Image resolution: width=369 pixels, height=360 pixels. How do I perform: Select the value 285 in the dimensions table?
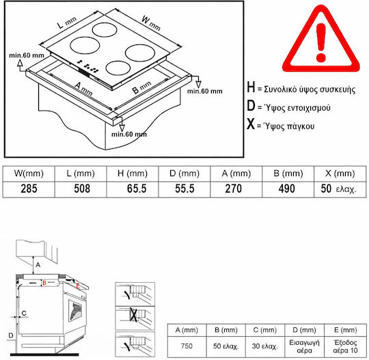pos(29,189)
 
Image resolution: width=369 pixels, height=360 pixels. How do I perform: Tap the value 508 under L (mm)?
pos(82,189)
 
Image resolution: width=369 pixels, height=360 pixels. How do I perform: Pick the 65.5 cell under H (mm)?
pos(137,189)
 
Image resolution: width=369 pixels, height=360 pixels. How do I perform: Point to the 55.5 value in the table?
pos(184,189)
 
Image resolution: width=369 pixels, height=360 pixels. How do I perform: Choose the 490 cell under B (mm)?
pos(286,189)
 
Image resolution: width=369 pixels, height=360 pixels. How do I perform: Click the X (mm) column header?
pos(340,174)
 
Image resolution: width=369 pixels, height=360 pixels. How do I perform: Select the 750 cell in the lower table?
pos(187,346)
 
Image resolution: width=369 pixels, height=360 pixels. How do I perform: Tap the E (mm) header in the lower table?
pos(345,330)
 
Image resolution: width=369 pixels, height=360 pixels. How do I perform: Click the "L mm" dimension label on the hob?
pos(67,23)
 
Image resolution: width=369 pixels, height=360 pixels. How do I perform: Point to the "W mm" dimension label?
pos(151,23)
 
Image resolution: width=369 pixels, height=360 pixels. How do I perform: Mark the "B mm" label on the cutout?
pos(141,87)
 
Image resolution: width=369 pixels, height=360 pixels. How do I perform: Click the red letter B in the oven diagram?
pos(44,283)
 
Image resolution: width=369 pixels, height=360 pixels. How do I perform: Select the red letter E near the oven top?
pos(78,286)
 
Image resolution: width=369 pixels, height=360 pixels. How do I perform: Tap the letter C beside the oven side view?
pos(24,313)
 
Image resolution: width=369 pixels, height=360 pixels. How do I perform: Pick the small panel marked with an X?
pos(135,318)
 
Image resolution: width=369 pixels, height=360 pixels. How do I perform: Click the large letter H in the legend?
pos(251,87)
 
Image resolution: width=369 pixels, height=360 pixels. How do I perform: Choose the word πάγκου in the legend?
pos(300,126)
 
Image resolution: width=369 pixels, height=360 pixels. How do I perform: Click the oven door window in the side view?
pos(75,311)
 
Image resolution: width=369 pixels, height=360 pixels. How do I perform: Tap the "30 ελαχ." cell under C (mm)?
pos(264,346)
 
